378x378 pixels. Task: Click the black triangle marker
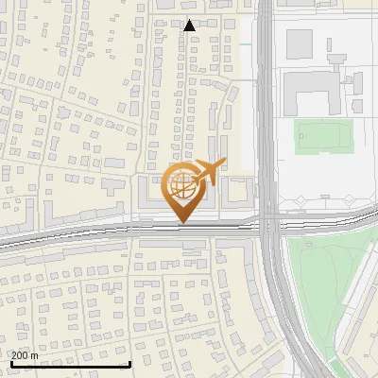[x=190, y=26]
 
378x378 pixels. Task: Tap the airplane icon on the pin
[x=209, y=172]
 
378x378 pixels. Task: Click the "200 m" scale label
[x=25, y=355]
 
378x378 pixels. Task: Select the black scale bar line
[x=70, y=364]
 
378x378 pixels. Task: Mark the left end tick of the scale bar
[x=10, y=362]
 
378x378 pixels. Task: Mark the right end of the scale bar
[x=129, y=362]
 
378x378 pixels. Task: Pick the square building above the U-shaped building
[x=300, y=42]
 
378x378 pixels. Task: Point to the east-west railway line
[x=94, y=233]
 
